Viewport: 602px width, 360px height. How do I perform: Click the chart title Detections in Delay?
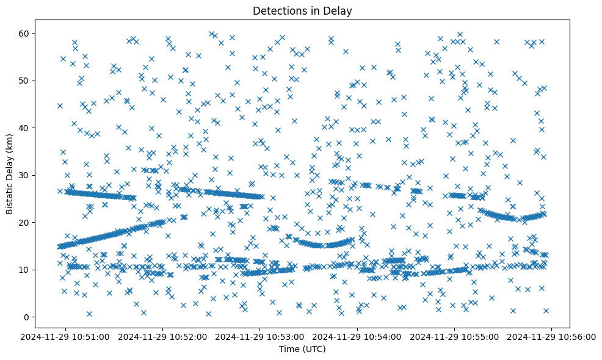pyautogui.click(x=302, y=10)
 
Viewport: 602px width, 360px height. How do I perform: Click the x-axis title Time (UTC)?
pyautogui.click(x=302, y=350)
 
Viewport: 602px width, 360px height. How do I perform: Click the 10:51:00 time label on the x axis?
pyautogui.click(x=67, y=336)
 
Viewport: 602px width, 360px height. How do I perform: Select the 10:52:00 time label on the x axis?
pyautogui.click(x=164, y=336)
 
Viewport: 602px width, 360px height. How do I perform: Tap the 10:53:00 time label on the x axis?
pyautogui.click(x=261, y=336)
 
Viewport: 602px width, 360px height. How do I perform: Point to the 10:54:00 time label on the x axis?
pyautogui.click(x=358, y=336)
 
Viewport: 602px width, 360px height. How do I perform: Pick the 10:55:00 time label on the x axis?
pyautogui.click(x=455, y=336)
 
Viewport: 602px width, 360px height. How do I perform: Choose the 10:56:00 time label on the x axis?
pyautogui.click(x=552, y=336)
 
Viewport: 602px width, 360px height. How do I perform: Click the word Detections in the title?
pyautogui.click(x=278, y=10)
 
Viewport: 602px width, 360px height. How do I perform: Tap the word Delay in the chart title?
pyautogui.click(x=339, y=10)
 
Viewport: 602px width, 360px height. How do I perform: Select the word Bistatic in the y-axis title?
pyautogui.click(x=10, y=197)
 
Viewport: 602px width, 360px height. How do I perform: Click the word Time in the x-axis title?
pyautogui.click(x=289, y=350)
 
